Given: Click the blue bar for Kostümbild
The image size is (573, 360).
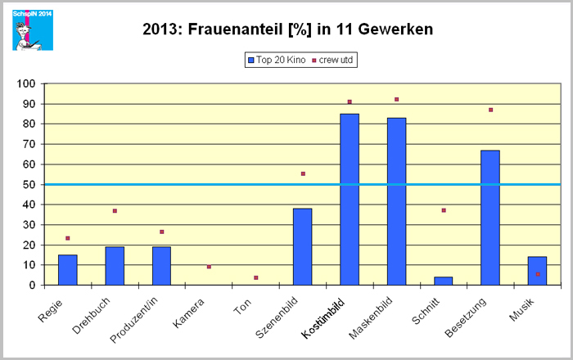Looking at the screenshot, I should click(x=350, y=200).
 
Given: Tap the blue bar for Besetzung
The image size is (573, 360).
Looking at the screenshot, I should click(x=490, y=218).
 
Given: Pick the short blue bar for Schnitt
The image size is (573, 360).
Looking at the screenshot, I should click(x=443, y=281).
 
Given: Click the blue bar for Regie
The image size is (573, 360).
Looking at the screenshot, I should click(x=67, y=270).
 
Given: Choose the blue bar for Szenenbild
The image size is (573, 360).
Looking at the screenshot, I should click(x=302, y=246).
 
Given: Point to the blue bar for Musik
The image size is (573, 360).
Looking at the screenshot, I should click(x=537, y=271).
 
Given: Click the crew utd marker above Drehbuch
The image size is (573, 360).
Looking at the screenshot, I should click(x=115, y=211).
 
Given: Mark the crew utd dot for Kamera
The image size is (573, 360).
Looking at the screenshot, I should click(x=209, y=267).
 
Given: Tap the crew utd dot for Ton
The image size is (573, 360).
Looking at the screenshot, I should click(x=255, y=278).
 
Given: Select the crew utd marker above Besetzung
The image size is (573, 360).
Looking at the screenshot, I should click(x=490, y=110).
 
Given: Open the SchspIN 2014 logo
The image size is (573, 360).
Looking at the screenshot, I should click(x=32, y=29).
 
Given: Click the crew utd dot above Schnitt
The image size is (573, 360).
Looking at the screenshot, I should click(x=444, y=210).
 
